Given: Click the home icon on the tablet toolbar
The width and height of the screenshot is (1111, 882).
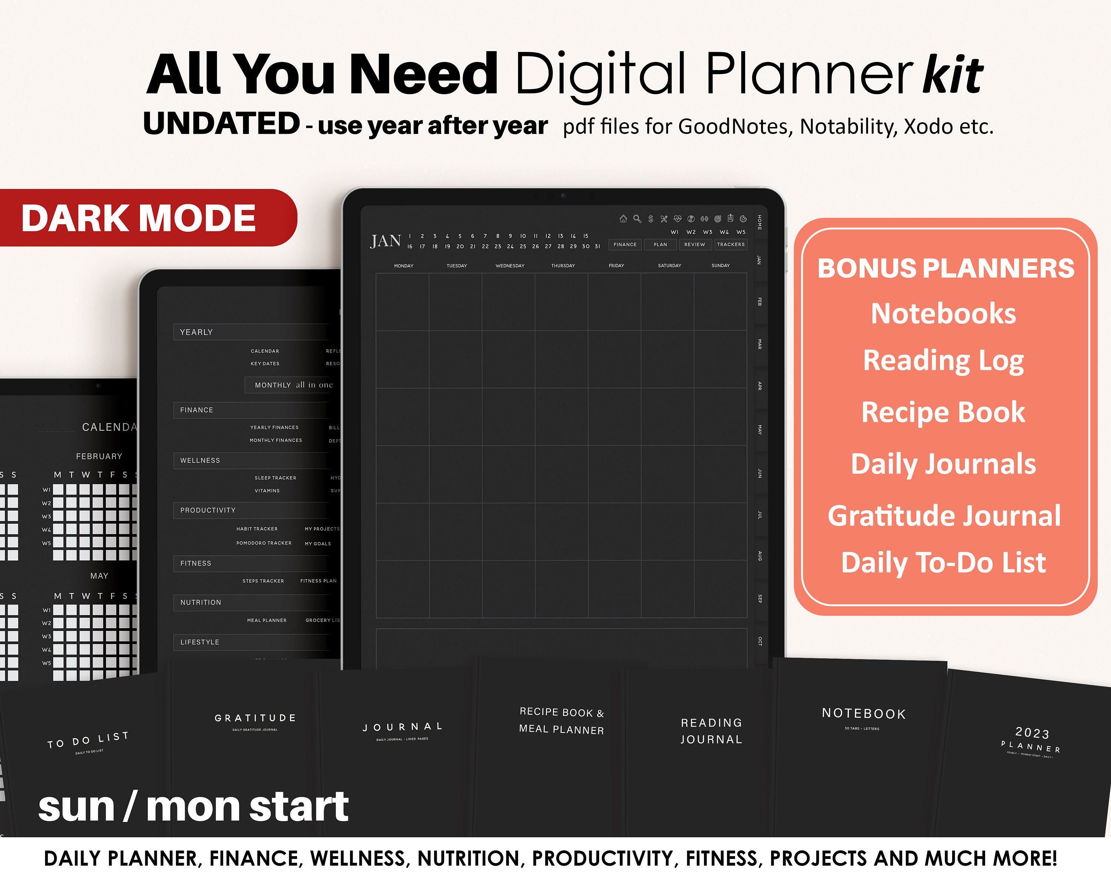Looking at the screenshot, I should point(623,219).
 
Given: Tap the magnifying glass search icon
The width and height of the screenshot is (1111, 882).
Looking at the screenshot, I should point(637,219).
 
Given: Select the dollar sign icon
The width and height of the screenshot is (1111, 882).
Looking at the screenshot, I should point(650,219).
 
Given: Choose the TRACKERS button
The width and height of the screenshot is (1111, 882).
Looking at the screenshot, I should point(731,244).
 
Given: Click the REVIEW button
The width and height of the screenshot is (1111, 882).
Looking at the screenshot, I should point(695,244).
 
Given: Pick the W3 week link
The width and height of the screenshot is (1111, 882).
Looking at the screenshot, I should point(707,232).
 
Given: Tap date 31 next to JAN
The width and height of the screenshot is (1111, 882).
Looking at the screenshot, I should point(598,246).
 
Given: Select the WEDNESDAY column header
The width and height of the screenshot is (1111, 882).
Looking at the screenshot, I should point(510,266).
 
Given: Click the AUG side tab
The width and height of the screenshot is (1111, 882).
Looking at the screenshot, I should point(760,556).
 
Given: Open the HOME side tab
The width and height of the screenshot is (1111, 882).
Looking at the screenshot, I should point(760,222).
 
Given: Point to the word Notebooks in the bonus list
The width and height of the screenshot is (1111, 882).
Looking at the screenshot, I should point(943,313).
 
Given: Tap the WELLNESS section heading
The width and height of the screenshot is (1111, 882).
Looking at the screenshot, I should point(200,460).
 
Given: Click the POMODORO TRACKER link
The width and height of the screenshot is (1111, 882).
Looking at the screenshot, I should point(264,543).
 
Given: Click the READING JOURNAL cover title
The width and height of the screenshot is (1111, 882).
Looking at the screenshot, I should point(711,731).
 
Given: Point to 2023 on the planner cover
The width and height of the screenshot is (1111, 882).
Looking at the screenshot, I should point(1032,732).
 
